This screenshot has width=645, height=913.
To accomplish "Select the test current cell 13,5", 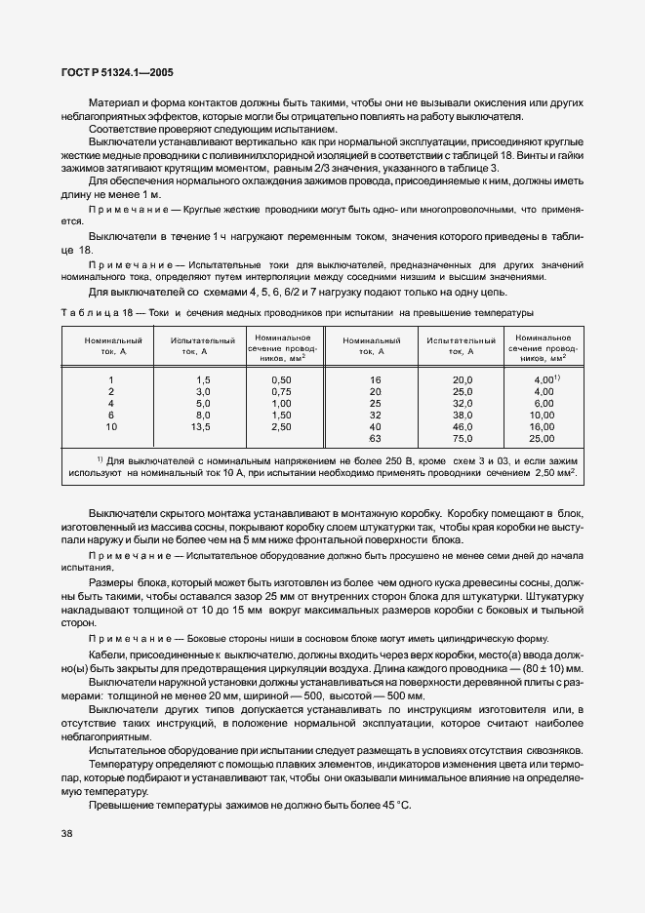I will coord(203,426).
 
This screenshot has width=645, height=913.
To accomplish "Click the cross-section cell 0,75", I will coord(281,390).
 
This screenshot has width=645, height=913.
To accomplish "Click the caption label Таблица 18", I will coord(94,312).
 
